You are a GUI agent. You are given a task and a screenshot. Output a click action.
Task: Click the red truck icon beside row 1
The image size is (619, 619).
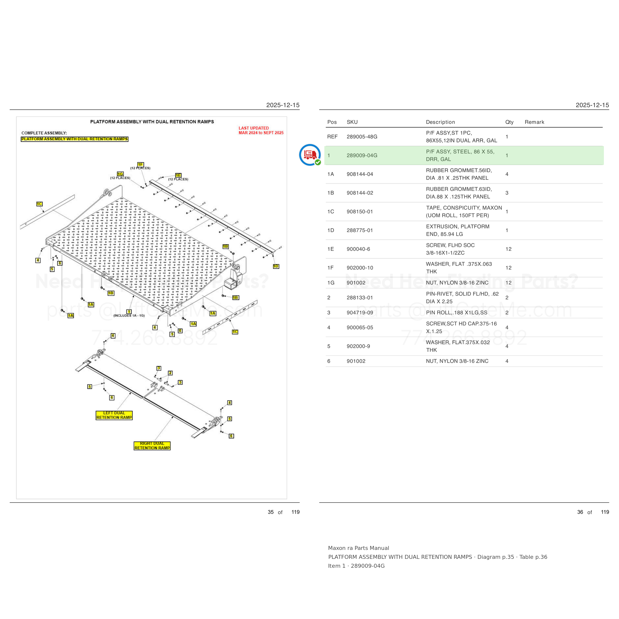(x=309, y=155)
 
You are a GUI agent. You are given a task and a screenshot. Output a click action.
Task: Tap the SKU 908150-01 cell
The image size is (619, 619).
(x=360, y=212)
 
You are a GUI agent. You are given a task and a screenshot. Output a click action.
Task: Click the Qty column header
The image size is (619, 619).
(x=509, y=122)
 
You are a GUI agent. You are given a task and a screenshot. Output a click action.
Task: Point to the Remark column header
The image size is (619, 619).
(x=534, y=122)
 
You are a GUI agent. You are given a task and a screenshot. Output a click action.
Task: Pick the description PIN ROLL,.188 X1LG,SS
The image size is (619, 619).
(x=457, y=313)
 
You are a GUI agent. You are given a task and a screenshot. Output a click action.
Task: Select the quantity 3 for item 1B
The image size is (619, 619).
(x=507, y=193)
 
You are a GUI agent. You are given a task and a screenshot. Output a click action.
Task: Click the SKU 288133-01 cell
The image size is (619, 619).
(x=360, y=298)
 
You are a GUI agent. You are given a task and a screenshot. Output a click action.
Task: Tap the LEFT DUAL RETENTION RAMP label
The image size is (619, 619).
(x=114, y=415)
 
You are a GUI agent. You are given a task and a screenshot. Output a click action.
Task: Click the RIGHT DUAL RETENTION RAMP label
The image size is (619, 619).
(x=152, y=446)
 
